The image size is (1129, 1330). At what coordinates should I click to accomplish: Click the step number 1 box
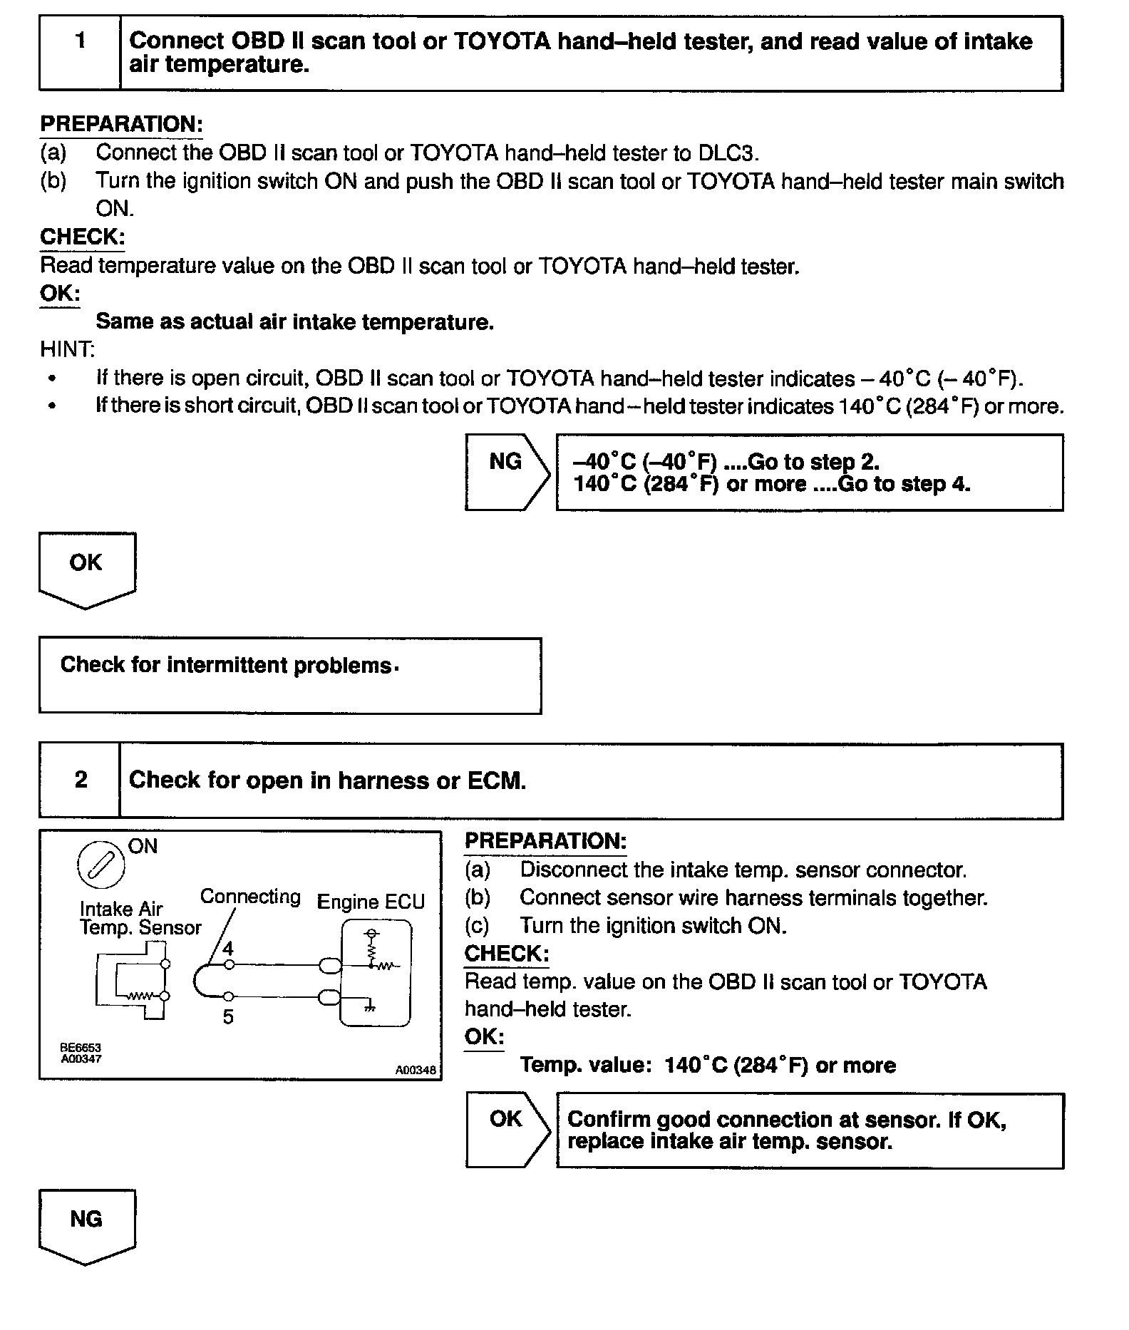[80, 53]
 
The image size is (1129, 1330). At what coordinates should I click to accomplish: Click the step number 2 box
[80, 780]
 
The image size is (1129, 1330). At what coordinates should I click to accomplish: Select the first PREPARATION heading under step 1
[121, 124]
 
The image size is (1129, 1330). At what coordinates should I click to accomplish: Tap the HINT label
[67, 349]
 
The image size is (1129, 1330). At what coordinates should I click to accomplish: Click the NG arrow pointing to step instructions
[507, 471]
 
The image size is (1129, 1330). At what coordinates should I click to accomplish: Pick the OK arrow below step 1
[86, 569]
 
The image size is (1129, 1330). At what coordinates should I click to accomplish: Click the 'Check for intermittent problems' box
[289, 674]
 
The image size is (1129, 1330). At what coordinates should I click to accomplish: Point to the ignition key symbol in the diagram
[100, 865]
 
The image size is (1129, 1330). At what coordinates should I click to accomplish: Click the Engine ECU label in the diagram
[371, 902]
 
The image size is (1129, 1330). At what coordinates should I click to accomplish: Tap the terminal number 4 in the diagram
[228, 949]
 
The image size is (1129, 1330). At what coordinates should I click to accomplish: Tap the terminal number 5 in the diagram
[228, 1017]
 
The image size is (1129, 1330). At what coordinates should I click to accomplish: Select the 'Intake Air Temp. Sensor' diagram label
[140, 918]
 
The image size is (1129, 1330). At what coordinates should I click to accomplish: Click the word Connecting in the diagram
[250, 897]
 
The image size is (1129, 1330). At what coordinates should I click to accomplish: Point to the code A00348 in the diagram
[416, 1070]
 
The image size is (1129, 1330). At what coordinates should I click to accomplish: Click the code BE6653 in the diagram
[81, 1048]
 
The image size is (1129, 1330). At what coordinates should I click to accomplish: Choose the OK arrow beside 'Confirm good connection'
[507, 1130]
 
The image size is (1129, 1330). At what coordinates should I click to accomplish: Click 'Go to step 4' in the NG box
[904, 484]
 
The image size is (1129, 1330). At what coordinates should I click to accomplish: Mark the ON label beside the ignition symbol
[143, 846]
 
